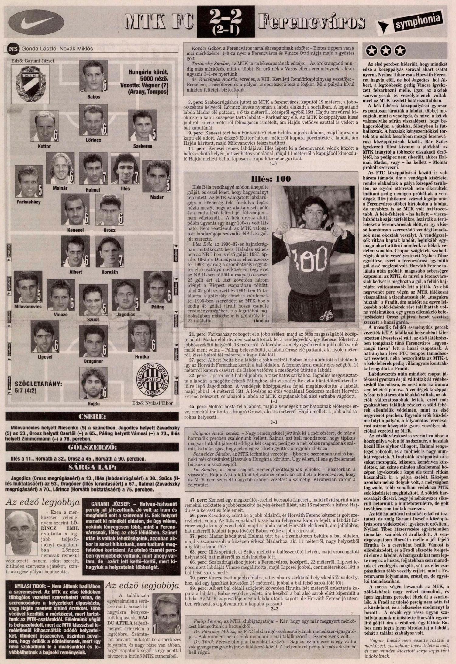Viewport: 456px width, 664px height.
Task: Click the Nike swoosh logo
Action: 36,21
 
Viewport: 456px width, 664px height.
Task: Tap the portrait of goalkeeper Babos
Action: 94,76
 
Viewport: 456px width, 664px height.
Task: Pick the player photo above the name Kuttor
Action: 44,126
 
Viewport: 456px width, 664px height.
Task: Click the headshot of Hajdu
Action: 93,383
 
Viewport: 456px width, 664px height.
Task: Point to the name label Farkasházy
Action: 28,202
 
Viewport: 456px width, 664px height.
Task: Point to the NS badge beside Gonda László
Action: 13,49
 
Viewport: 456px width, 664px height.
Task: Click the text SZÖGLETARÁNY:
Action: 38,384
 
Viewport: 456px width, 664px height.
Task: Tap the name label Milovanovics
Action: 28,307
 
